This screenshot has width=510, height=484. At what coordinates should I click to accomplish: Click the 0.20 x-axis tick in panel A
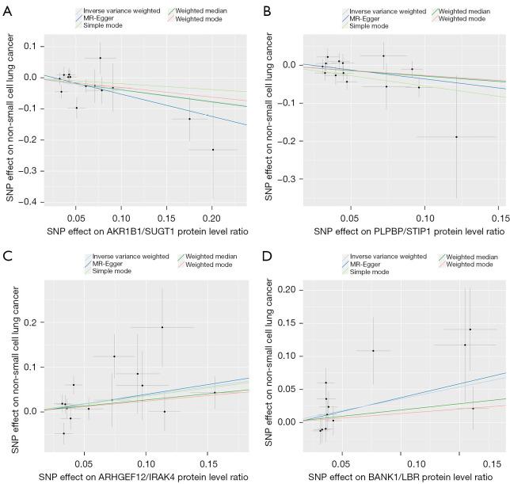click(x=211, y=216)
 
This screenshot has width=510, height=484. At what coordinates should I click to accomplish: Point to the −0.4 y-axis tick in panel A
click(x=30, y=202)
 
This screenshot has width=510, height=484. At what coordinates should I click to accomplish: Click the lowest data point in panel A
click(x=213, y=150)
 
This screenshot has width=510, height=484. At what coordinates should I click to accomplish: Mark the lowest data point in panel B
click(x=456, y=136)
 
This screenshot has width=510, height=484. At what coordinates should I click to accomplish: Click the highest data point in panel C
click(x=162, y=327)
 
